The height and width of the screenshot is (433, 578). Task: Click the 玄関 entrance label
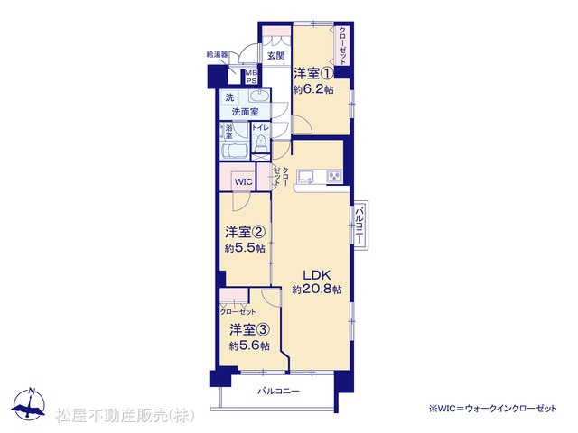tap(275, 56)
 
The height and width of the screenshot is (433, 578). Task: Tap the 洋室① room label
tap(313, 73)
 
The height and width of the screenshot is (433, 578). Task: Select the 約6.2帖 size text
tap(313, 89)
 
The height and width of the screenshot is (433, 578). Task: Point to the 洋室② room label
tap(246, 232)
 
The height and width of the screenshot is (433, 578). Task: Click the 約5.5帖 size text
tap(245, 249)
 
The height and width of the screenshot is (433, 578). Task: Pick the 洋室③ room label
tap(249, 329)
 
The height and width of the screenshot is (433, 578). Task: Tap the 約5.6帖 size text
tap(249, 346)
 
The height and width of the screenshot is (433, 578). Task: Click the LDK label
tap(317, 274)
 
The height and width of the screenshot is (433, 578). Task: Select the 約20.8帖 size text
tap(317, 290)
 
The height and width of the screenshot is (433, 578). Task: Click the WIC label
tap(244, 181)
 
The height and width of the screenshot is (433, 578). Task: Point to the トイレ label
tap(261, 128)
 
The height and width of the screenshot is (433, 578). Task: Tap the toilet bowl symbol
tap(261, 143)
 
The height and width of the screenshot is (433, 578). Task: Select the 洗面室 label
tap(245, 112)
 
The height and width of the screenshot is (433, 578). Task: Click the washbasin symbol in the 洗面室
tap(259, 97)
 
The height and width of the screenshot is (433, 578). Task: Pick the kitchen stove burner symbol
tap(334, 177)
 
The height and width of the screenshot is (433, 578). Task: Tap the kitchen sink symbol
tap(305, 177)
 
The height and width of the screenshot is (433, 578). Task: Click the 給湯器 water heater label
tap(217, 55)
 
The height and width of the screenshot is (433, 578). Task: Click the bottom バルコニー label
tap(279, 391)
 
